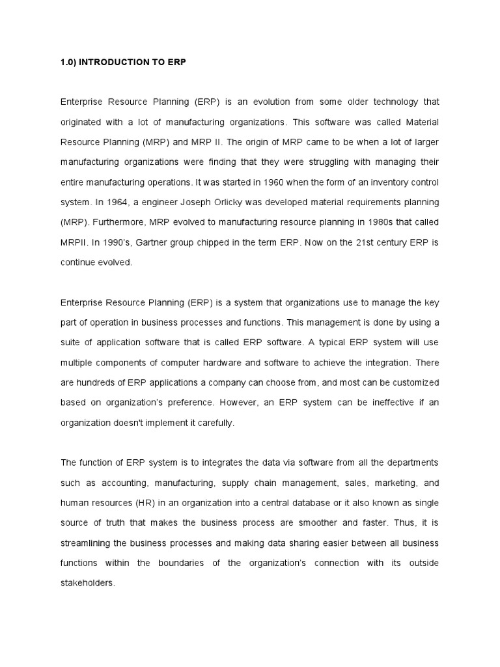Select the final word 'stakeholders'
point(87,584)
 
